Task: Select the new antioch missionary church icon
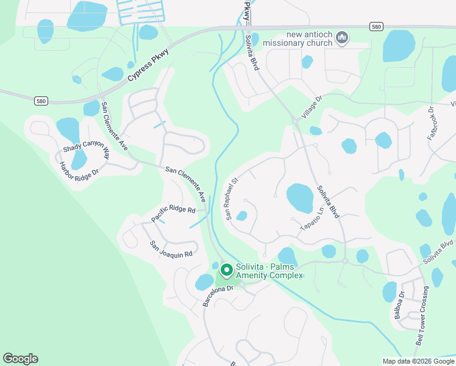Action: coord(342,38)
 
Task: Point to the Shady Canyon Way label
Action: coord(86,149)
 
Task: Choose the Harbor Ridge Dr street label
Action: coord(78,170)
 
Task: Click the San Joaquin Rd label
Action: coord(171,249)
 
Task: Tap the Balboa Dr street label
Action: coord(400,305)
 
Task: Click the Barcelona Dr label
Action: coord(218,296)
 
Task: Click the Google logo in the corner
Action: coord(20,359)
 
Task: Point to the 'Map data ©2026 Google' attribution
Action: coord(418,361)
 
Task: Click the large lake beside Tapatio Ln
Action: coord(299,198)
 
